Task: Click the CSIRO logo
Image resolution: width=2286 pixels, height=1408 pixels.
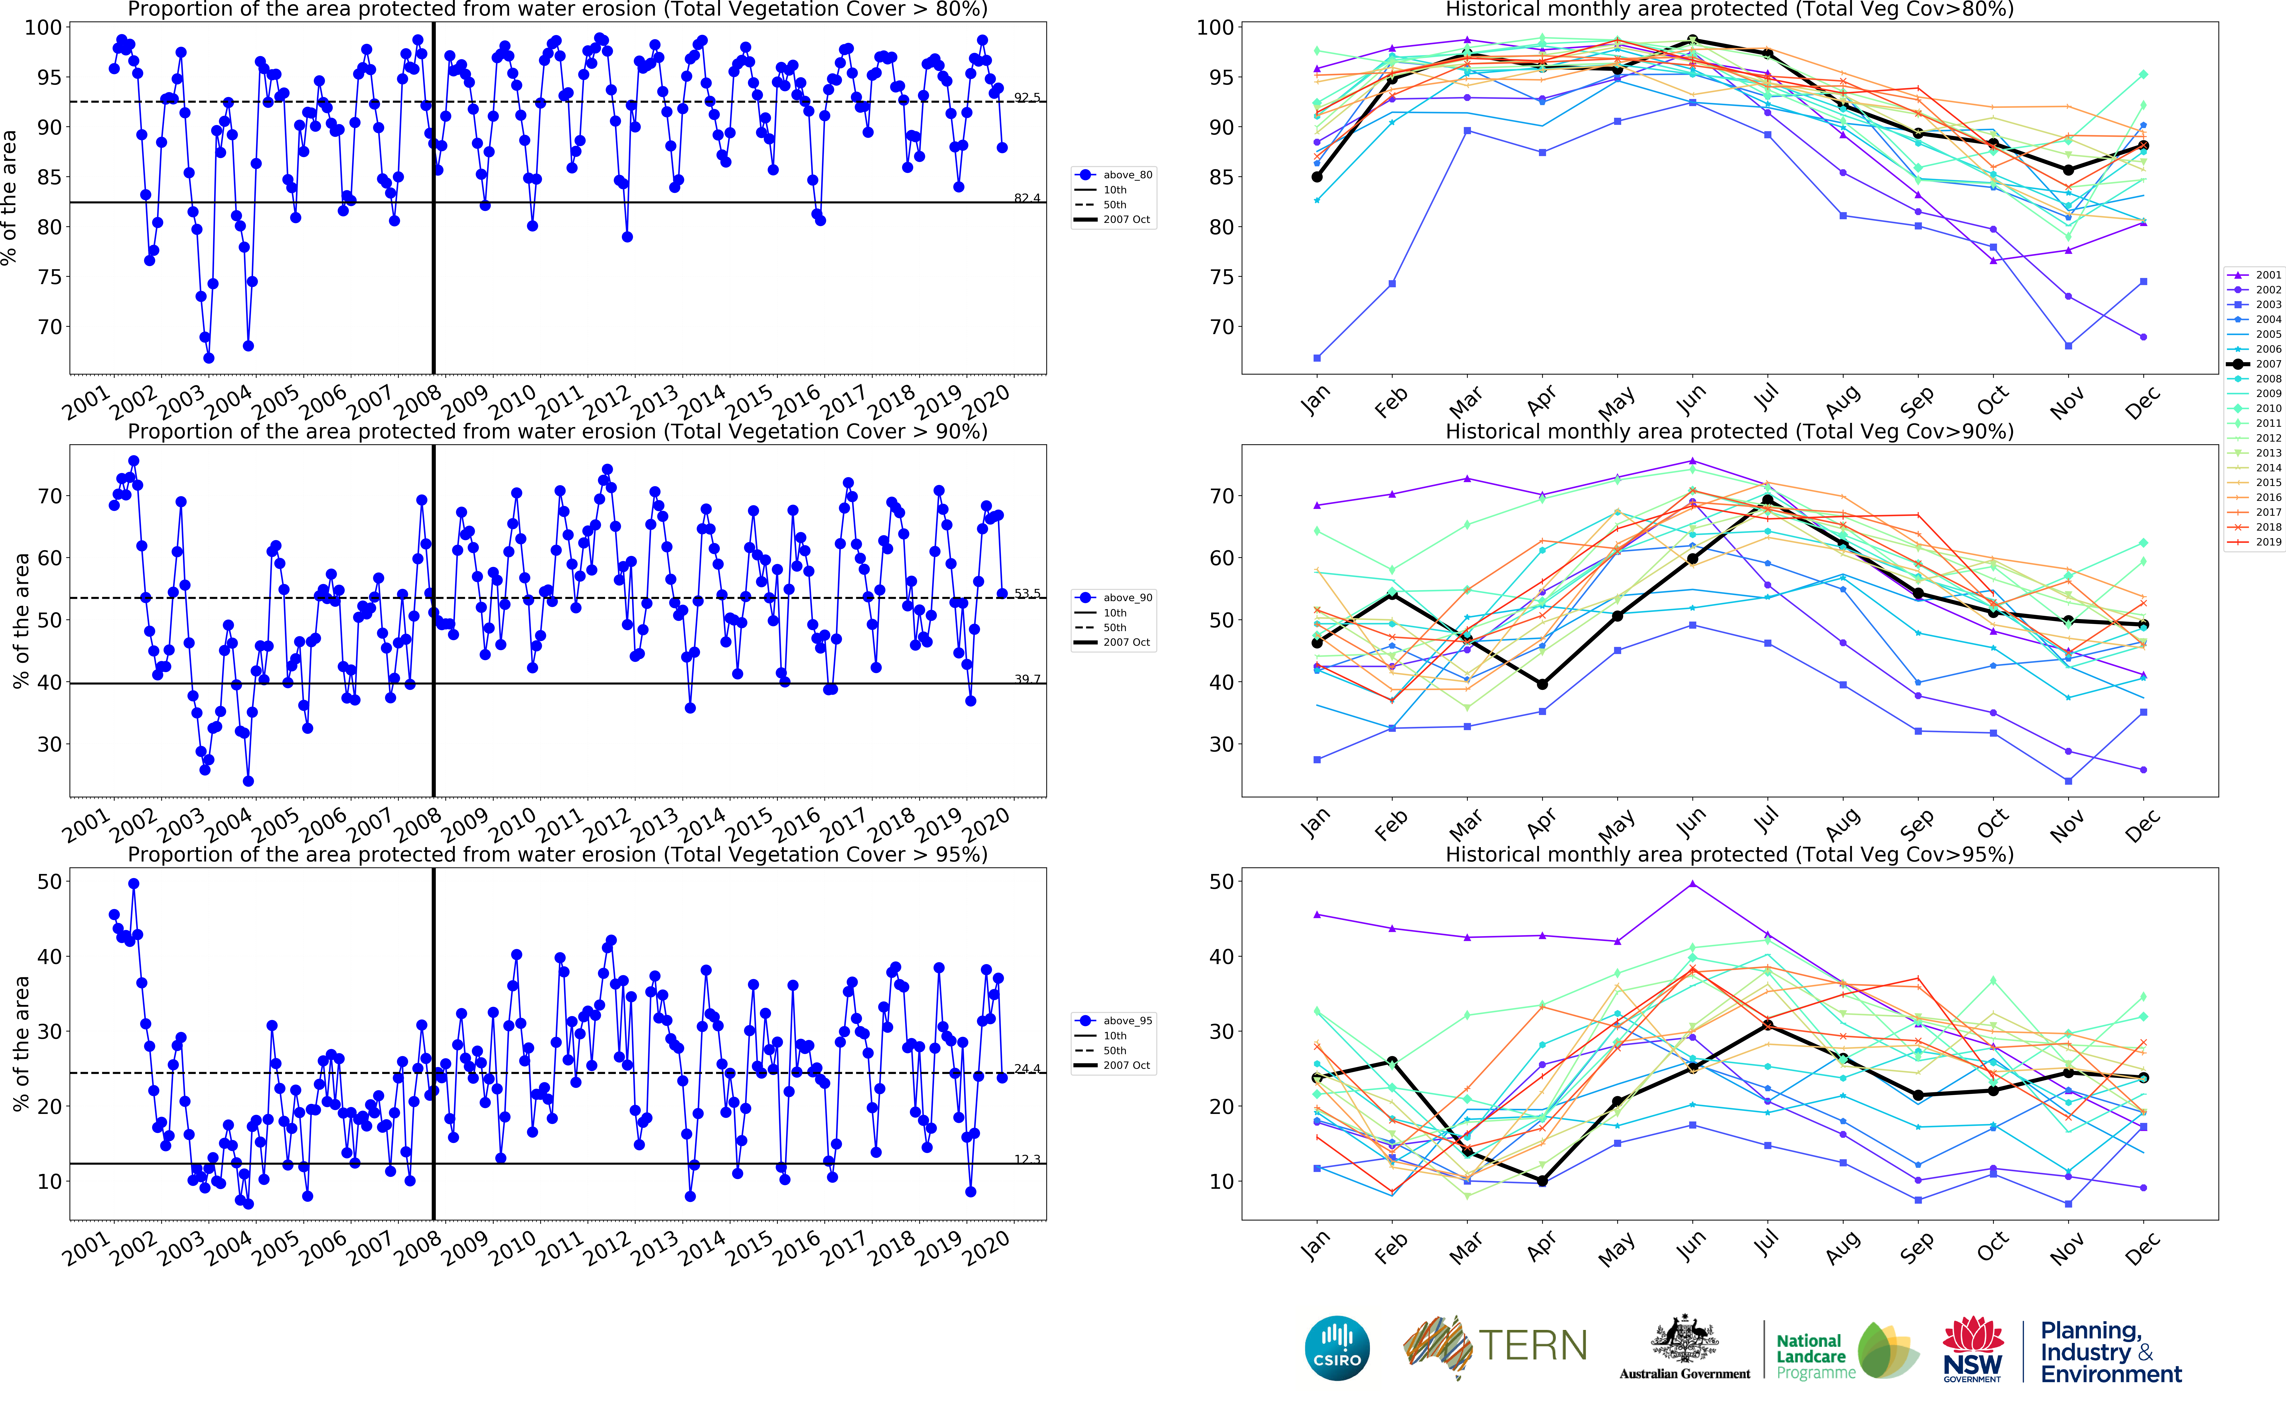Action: [x=1337, y=1348]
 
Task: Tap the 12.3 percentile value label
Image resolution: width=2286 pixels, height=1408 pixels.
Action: [x=1027, y=1159]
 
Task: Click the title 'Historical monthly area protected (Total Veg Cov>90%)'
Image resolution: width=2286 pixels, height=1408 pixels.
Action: [x=1729, y=432]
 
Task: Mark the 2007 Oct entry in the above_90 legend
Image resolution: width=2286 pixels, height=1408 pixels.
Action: [x=1127, y=643]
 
